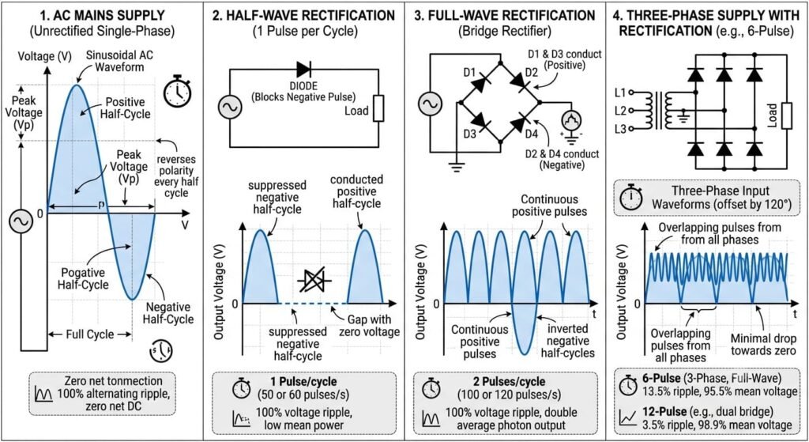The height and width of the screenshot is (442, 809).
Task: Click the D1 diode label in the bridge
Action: point(469,72)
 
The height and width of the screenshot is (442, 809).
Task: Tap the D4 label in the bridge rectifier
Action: point(532,134)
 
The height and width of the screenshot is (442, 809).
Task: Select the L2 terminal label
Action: point(620,111)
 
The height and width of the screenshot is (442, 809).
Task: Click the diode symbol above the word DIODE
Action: point(303,70)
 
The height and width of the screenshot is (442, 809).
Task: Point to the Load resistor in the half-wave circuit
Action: point(378,108)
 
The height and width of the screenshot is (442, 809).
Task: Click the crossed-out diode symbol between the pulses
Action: point(314,281)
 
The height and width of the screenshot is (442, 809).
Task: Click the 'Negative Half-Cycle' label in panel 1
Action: point(168,313)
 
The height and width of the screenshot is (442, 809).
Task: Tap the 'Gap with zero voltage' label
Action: point(369,326)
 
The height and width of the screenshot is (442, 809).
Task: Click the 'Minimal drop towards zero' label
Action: point(763,345)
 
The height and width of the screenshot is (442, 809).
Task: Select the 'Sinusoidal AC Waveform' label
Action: point(119,61)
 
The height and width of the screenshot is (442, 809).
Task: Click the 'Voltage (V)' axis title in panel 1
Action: point(44,56)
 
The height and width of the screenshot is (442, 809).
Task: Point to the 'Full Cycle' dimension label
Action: point(90,334)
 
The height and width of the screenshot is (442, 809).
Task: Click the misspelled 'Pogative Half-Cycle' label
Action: point(83,279)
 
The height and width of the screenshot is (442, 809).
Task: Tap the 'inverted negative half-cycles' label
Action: point(567,341)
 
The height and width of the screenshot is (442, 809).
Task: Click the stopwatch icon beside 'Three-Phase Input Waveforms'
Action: point(631,198)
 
